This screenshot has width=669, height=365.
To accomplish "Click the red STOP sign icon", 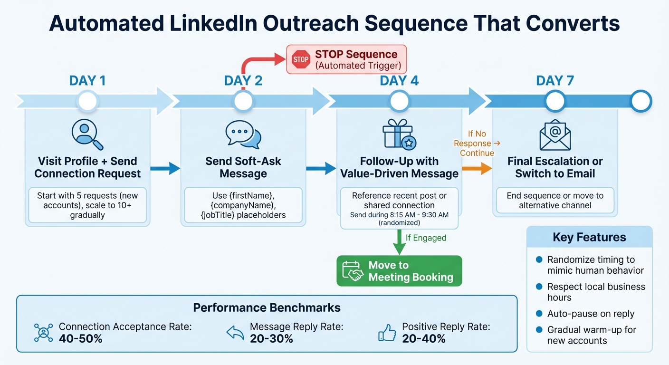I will [x=301, y=59].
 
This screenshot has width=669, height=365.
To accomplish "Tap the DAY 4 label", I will [x=399, y=80].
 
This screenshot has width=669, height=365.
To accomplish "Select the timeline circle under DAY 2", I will [x=243, y=101].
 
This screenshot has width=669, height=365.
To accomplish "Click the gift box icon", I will [x=398, y=134].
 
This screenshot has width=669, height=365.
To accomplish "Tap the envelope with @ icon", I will [x=555, y=134].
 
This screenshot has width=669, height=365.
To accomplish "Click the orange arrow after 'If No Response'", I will [x=477, y=168].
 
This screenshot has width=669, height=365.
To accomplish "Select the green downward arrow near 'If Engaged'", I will [x=399, y=242].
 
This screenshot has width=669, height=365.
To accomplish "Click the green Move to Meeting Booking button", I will [x=399, y=271].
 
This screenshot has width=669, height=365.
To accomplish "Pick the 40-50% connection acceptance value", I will [x=80, y=339].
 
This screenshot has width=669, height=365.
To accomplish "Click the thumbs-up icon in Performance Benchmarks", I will [x=387, y=333].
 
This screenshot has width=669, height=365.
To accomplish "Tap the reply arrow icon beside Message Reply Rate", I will [x=235, y=333].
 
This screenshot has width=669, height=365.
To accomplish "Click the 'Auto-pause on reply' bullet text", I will [x=591, y=314].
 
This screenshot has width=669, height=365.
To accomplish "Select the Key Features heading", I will [x=589, y=237].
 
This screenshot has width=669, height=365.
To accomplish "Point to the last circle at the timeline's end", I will [x=640, y=101].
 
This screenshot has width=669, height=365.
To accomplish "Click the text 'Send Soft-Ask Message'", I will [x=243, y=167].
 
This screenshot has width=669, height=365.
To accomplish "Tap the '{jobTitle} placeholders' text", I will [x=243, y=215].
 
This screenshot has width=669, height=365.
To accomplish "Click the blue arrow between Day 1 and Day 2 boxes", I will [x=165, y=168].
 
